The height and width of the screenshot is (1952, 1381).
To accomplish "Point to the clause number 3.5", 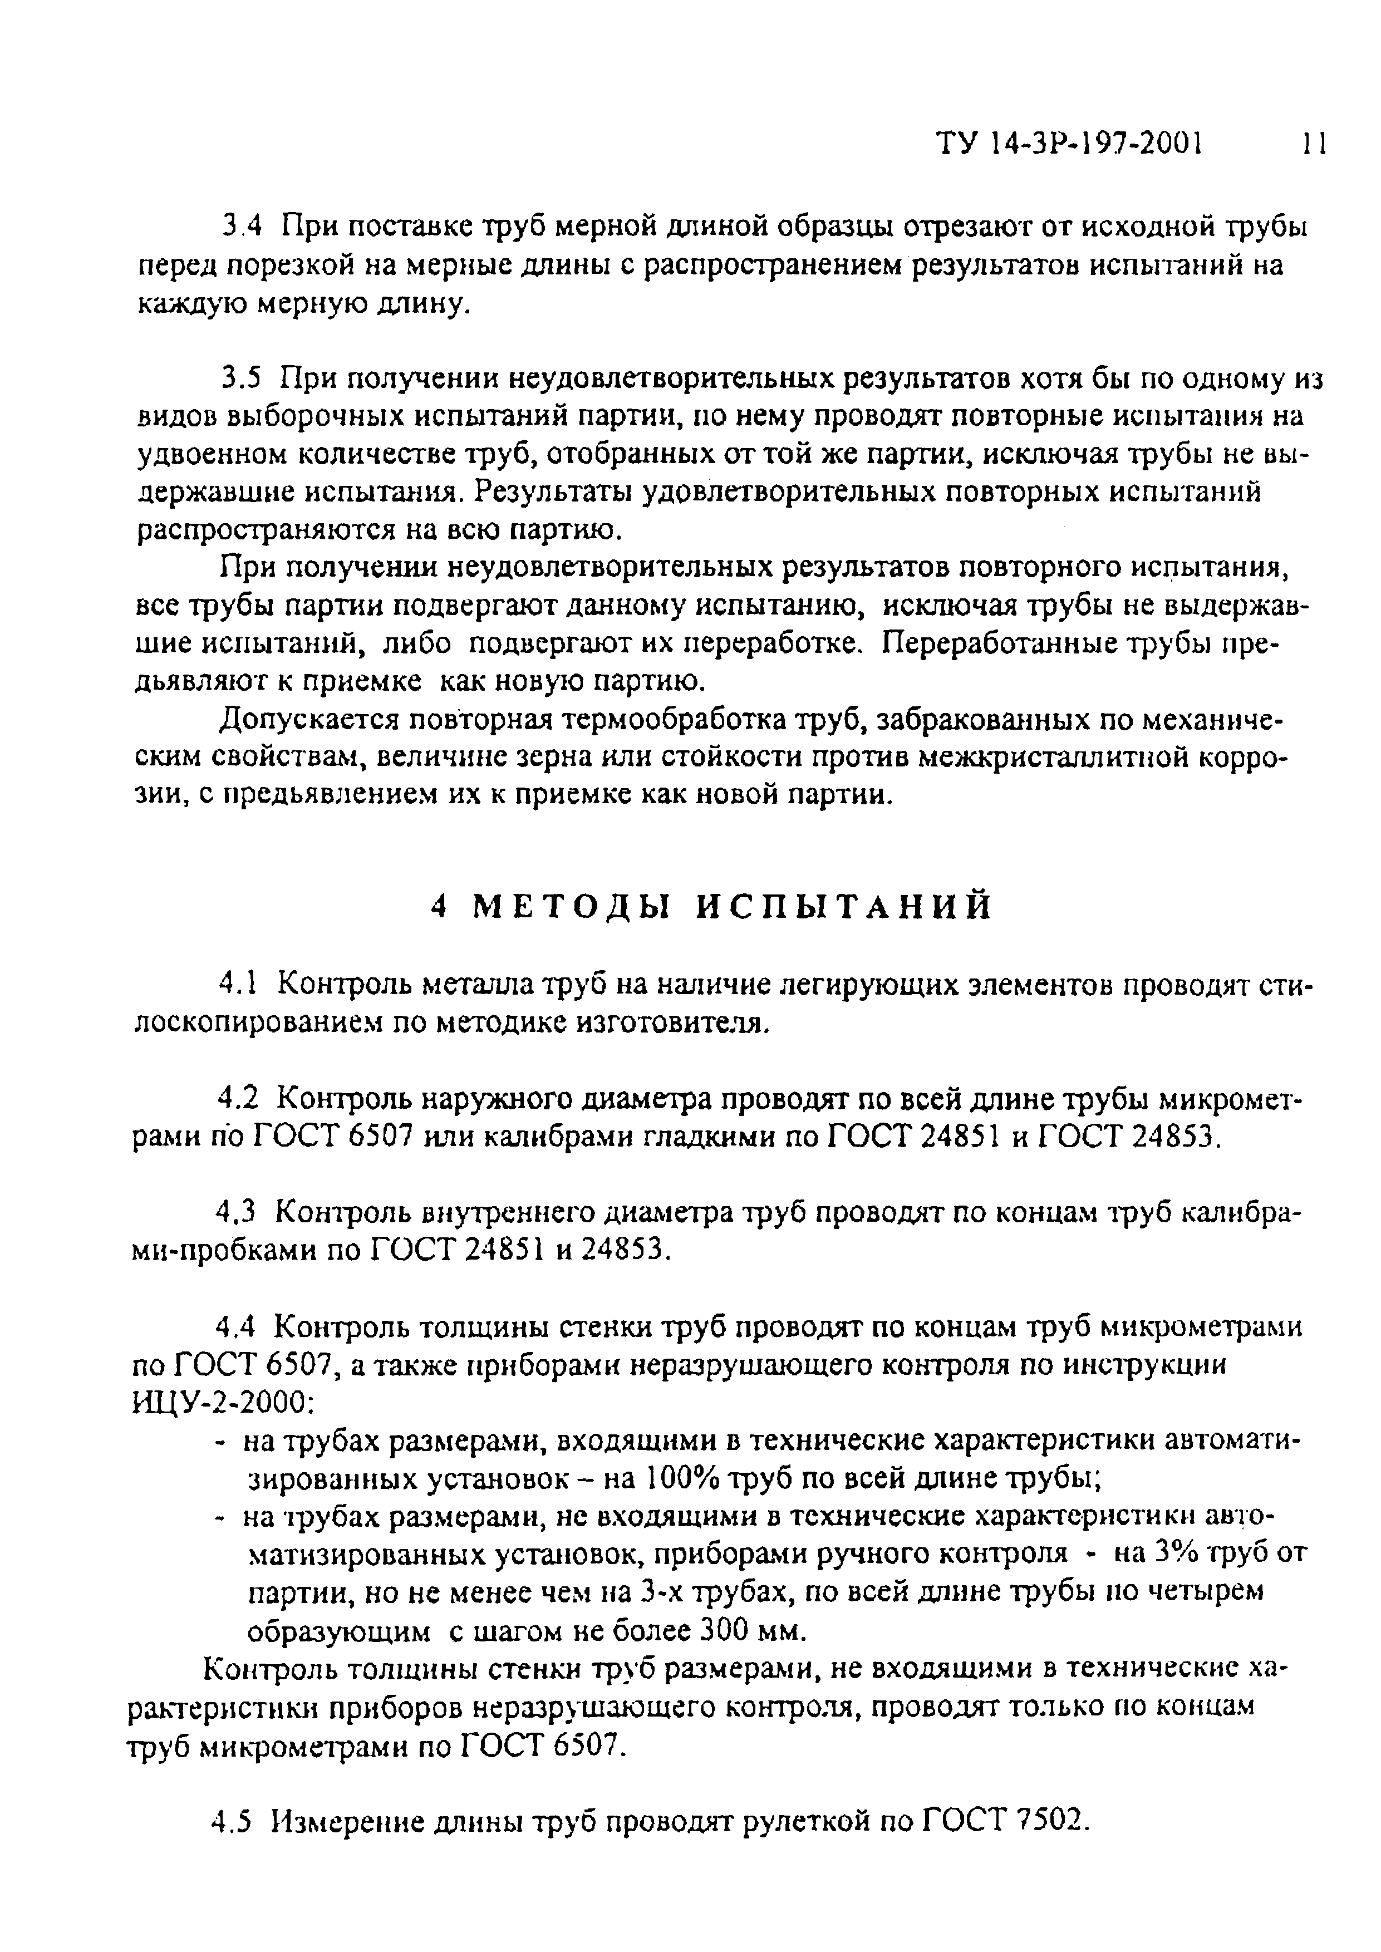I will [240, 379].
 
